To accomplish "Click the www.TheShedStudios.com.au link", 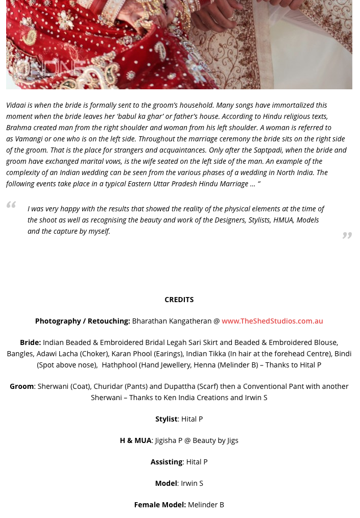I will pyautogui.click(x=272, y=321).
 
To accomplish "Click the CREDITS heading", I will pyautogui.click(x=179, y=300).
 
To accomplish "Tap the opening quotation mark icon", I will pyautogui.click(x=11, y=205).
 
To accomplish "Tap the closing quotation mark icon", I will pyautogui.click(x=347, y=235).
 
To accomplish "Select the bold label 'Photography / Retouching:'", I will pyautogui.click(x=82, y=321).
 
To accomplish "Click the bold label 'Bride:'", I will pyautogui.click(x=30, y=342).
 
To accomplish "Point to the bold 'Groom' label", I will pyautogui.click(x=21, y=386).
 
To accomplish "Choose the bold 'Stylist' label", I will pyautogui.click(x=166, y=419).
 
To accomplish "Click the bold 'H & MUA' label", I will pyautogui.click(x=135, y=440).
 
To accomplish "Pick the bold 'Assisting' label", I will pyautogui.click(x=166, y=462).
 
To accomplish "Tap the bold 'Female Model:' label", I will pyautogui.click(x=160, y=505).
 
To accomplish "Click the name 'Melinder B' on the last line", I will pyautogui.click(x=206, y=505).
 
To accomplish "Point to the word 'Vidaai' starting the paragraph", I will pyautogui.click(x=16, y=105).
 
